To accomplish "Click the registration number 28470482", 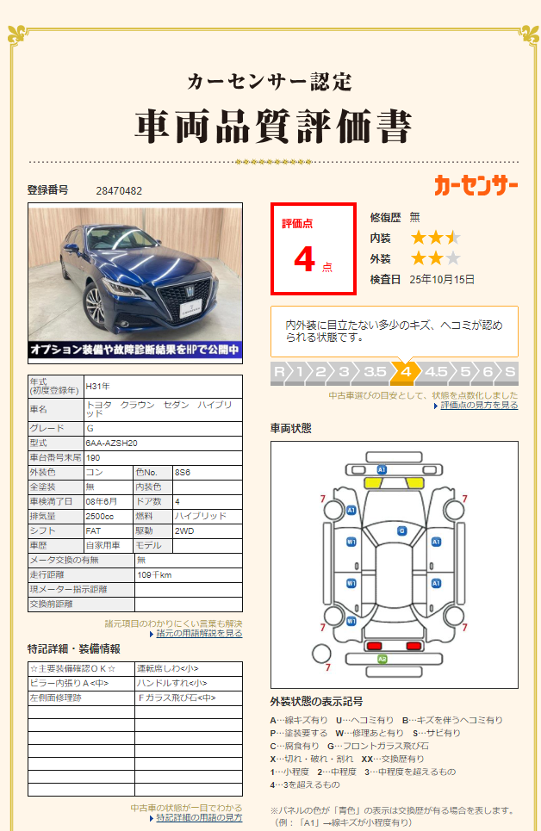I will click(x=119, y=190).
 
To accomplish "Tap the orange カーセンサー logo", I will click(x=476, y=184).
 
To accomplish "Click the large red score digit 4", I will click(x=304, y=259).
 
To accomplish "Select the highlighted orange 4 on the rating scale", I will click(x=405, y=372).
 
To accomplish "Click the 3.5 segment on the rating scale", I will click(x=375, y=372).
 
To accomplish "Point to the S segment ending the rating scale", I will click(x=510, y=372).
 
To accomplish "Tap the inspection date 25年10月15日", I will click(x=442, y=279).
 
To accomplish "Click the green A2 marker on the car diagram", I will click(x=382, y=659).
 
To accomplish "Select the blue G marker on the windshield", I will click(x=401, y=531).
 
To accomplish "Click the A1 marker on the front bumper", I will click(x=382, y=469).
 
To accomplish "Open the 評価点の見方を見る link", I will click(x=479, y=405).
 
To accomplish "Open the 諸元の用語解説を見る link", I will click(x=200, y=633).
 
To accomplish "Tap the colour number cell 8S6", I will click(x=183, y=472).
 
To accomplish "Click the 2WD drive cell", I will click(x=184, y=530).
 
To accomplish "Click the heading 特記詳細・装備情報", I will click(x=74, y=648).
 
